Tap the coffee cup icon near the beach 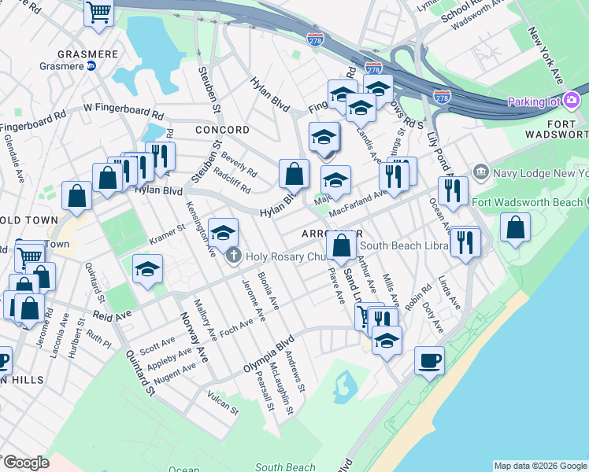click(x=429, y=361)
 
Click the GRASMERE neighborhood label click(x=88, y=55)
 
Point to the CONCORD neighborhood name click(x=223, y=130)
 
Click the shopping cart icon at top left click(x=98, y=13)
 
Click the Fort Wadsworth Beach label click(x=527, y=202)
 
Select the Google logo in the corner click(x=26, y=462)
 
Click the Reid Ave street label click(x=112, y=314)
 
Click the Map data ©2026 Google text click(x=540, y=466)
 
